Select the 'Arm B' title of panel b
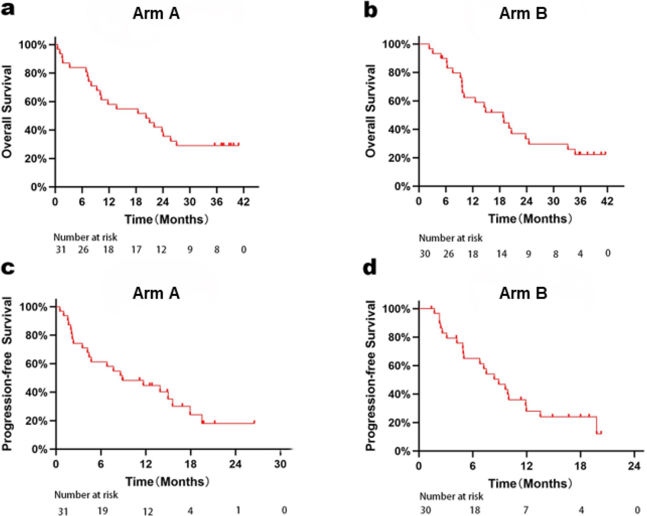coord(523,14)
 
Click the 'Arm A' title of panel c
coord(156,293)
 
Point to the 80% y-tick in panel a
coord(35,73)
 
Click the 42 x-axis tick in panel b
coord(607,201)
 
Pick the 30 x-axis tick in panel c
coord(280,464)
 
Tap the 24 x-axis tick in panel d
coord(634,466)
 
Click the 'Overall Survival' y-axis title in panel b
coord(370,111)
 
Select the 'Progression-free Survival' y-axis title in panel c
coord(7,374)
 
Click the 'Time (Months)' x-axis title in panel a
coord(167,219)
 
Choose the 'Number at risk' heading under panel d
coord(451,496)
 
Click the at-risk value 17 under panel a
coord(136,249)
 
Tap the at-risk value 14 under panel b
coord(501,254)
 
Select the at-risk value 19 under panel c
coord(102,510)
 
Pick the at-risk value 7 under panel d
coord(525,510)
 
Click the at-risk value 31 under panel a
coord(61,249)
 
